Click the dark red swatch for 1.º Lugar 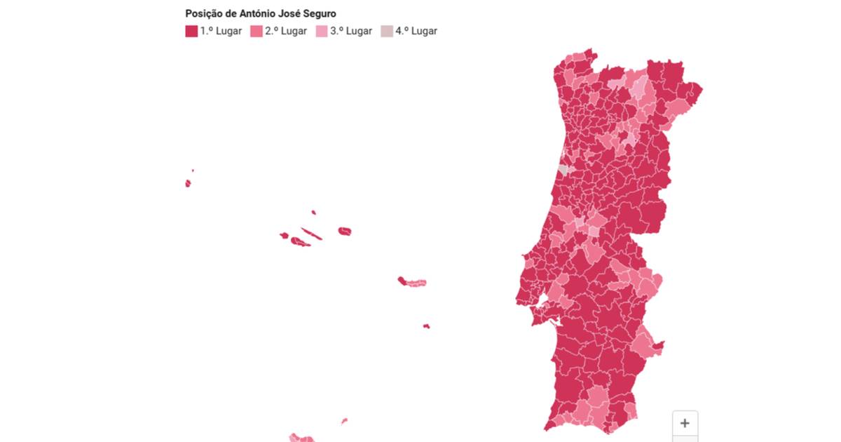(x=191, y=31)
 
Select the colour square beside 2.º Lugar (x=256, y=31)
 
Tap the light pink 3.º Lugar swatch (x=322, y=31)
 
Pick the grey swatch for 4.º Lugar (x=387, y=31)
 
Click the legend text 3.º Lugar (x=350, y=31)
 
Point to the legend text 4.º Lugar (x=416, y=31)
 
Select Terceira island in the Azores (x=344, y=231)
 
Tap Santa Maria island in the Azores (x=426, y=326)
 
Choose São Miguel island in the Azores (x=412, y=282)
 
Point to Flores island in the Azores (x=188, y=183)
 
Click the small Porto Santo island (x=344, y=421)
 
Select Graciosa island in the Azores (x=313, y=212)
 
